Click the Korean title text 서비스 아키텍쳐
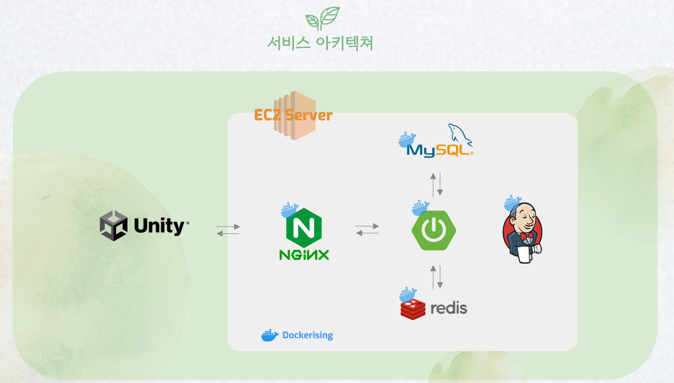pyautogui.click(x=320, y=43)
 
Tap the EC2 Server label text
pyautogui.click(x=293, y=115)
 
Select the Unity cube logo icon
pyautogui.click(x=113, y=225)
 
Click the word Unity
pyautogui.click(x=159, y=226)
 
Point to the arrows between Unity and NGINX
pyautogui.click(x=228, y=230)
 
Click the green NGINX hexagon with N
pyautogui.click(x=304, y=227)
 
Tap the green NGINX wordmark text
pyautogui.click(x=304, y=255)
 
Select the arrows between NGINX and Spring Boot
pyautogui.click(x=367, y=230)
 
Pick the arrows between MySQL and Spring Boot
pyautogui.click(x=437, y=184)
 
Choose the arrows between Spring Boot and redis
pyautogui.click(x=437, y=277)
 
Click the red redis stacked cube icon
pyautogui.click(x=413, y=308)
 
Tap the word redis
pyautogui.click(x=448, y=308)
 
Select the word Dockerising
pyautogui.click(x=307, y=336)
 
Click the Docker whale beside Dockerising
pyautogui.click(x=270, y=335)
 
